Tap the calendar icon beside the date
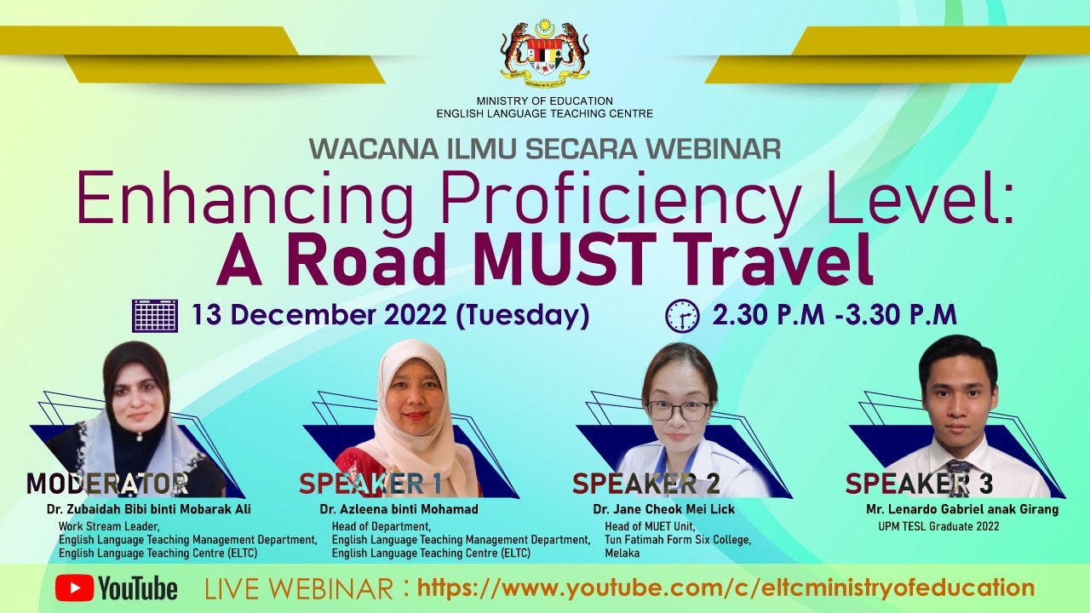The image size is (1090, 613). tap(155, 316)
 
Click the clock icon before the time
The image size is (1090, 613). tap(681, 316)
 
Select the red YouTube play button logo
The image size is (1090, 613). tap(74, 587)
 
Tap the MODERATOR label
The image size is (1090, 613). tap(106, 484)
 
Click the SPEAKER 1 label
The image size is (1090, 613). tap(370, 484)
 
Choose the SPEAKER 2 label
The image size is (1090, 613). tap(645, 484)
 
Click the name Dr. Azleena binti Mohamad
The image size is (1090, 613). tap(399, 509)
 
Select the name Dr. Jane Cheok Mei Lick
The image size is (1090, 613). tap(664, 509)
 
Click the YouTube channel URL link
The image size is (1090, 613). tap(726, 587)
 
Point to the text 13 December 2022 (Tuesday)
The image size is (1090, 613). tap(390, 315)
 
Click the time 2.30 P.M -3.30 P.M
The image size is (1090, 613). tap(835, 315)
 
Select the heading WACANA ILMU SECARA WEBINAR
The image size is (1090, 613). tap(545, 149)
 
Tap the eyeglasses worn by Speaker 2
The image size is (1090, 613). tap(678, 410)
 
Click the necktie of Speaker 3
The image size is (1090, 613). tap(958, 477)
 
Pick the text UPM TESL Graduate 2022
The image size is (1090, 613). tap(938, 526)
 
